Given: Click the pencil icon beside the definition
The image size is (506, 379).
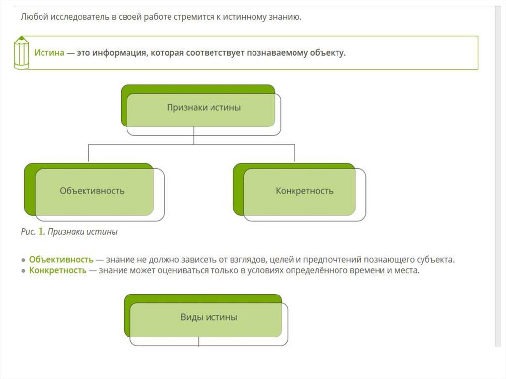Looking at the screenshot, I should pos(21,52).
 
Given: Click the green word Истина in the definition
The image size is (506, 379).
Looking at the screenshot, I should pos(49,53).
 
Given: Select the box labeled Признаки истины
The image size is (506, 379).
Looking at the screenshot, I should pos(203,107).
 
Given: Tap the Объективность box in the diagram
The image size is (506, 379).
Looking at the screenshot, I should pos(92,191).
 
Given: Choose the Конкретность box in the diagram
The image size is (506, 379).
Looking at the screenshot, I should pos(304,191).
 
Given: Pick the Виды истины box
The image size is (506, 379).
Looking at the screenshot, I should pos(208,317).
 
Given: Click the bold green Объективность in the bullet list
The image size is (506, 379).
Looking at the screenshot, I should pos(61,259).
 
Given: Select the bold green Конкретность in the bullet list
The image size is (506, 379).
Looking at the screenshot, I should pos(57,271).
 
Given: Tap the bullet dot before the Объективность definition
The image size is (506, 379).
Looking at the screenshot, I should pos(23,260).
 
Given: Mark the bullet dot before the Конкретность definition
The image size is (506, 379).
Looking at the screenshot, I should pos(23,271).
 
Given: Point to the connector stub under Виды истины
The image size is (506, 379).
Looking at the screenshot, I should pos(199,341).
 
